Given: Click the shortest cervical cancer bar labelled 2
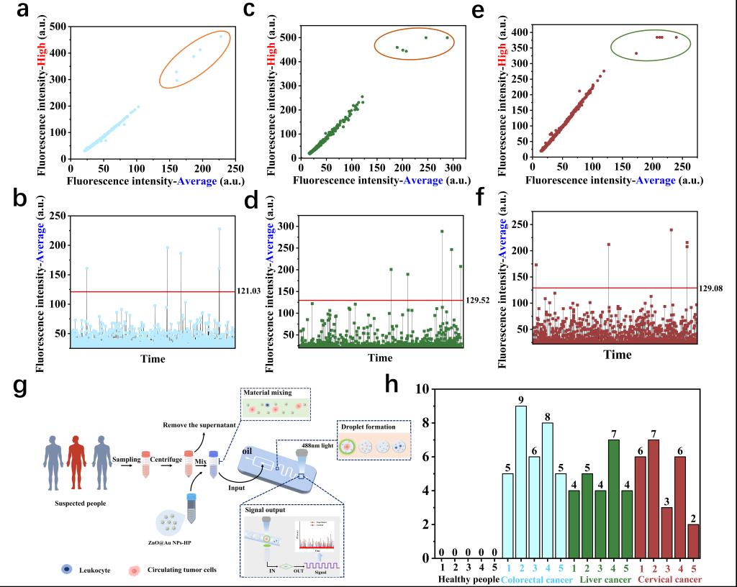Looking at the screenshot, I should pyautogui.click(x=692, y=546).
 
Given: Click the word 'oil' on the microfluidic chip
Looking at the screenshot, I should pyautogui.click(x=247, y=452).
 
